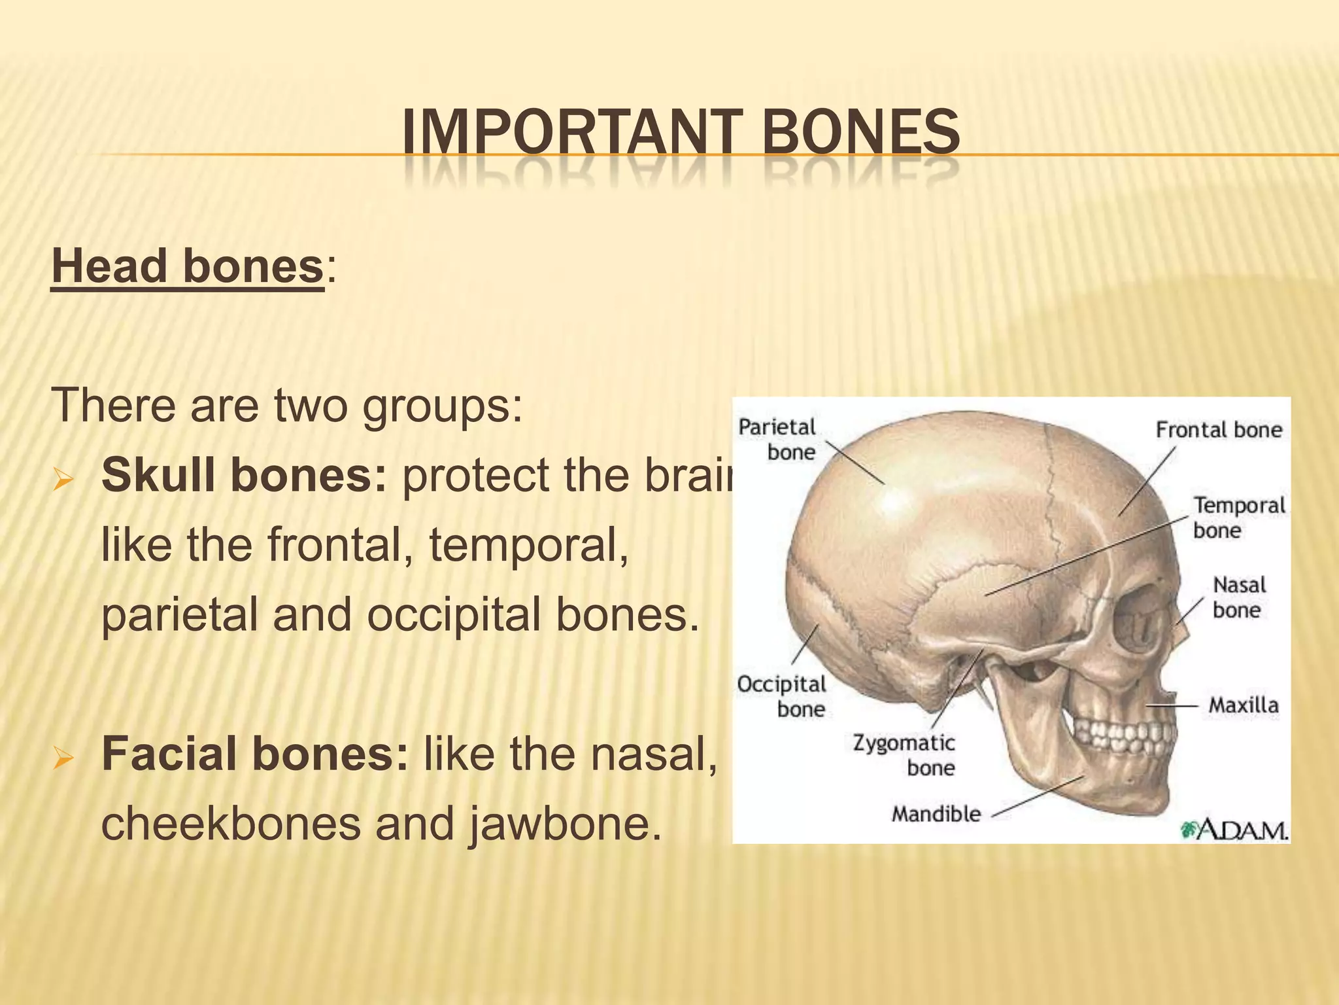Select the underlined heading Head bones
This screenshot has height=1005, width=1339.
[x=188, y=268]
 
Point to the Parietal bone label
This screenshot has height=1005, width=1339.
[x=778, y=440]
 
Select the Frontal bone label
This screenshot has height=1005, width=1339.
[x=1219, y=430]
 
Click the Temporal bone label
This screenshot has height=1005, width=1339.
[x=1238, y=517]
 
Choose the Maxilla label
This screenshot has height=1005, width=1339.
[x=1243, y=705]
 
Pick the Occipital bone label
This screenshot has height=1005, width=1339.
[x=783, y=696]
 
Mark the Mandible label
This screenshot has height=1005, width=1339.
[x=936, y=814]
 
